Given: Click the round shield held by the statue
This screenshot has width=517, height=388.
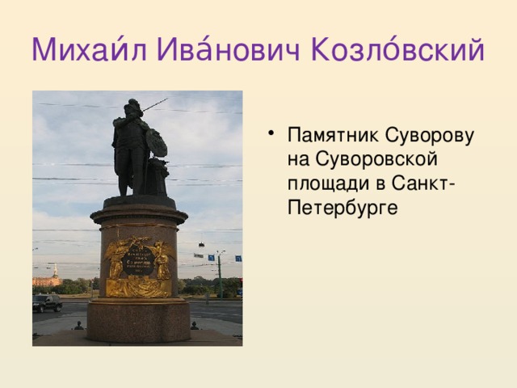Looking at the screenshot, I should pos(158,144).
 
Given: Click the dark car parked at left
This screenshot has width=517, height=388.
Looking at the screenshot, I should pos(47,303).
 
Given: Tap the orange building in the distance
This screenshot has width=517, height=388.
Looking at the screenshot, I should pos(46,280).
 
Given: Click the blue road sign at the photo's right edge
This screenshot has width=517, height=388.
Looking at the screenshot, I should pos(238,258).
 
